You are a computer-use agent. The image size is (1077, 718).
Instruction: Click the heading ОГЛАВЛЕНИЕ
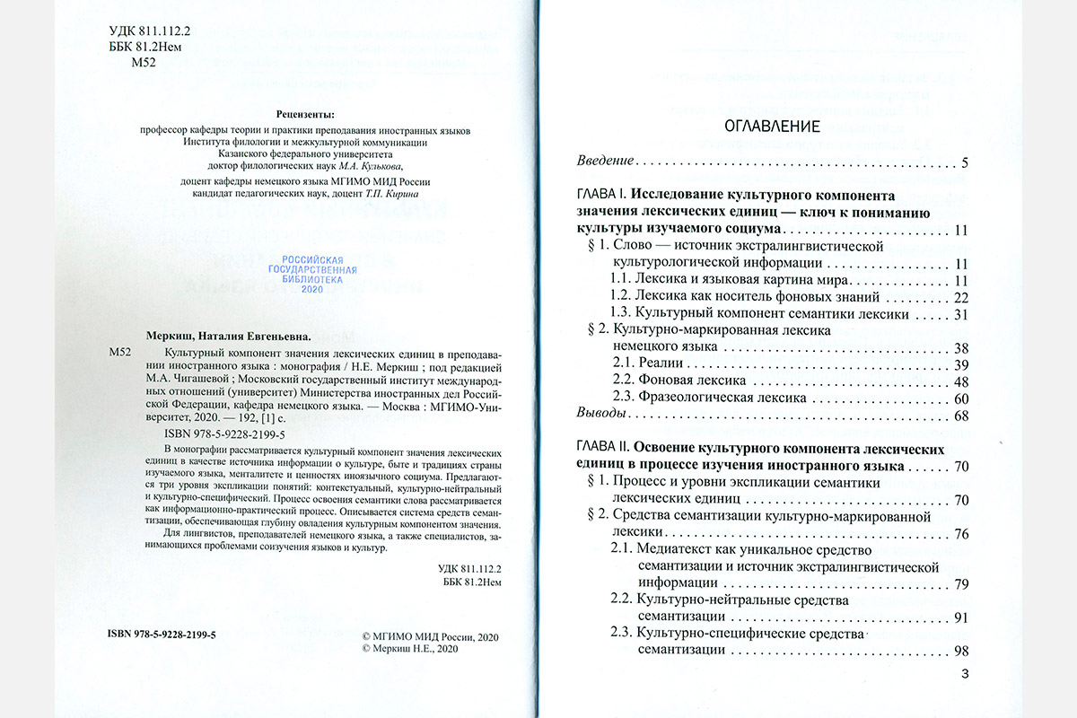tap(772, 126)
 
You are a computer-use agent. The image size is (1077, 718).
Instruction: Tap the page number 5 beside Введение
tap(963, 163)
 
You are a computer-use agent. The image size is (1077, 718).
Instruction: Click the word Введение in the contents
tap(605, 163)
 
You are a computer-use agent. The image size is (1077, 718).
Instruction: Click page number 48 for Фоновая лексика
tap(959, 381)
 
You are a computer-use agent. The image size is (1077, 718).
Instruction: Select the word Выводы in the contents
tap(600, 416)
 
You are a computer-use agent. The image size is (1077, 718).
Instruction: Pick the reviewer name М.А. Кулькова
tap(366, 166)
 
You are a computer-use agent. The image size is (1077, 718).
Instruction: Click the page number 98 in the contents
tap(959, 651)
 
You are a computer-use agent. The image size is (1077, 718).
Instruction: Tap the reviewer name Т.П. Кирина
tap(399, 194)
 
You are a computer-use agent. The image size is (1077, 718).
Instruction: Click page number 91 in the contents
tap(959, 617)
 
